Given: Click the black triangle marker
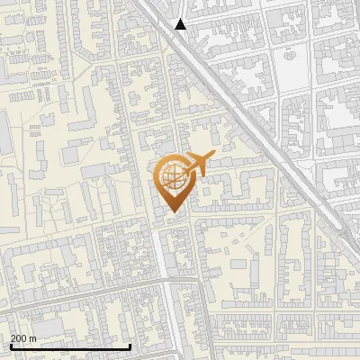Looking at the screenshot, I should tap(180, 24).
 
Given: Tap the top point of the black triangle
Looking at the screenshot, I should tap(180, 19).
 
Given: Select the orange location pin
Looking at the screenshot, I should tap(174, 184).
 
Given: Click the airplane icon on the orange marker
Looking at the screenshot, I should tap(197, 165).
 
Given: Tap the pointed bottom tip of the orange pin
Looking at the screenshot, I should tap(174, 212).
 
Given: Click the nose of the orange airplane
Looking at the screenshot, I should tap(212, 156).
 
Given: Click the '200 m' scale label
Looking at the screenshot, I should tap(24, 337).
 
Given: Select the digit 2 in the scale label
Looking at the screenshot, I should tap(13, 337).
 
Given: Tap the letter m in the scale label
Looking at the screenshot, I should tap(34, 337).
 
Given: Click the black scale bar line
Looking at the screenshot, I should tap(70, 346).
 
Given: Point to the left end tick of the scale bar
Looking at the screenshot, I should tap(10, 345).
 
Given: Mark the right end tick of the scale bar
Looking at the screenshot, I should tap(130, 345).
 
